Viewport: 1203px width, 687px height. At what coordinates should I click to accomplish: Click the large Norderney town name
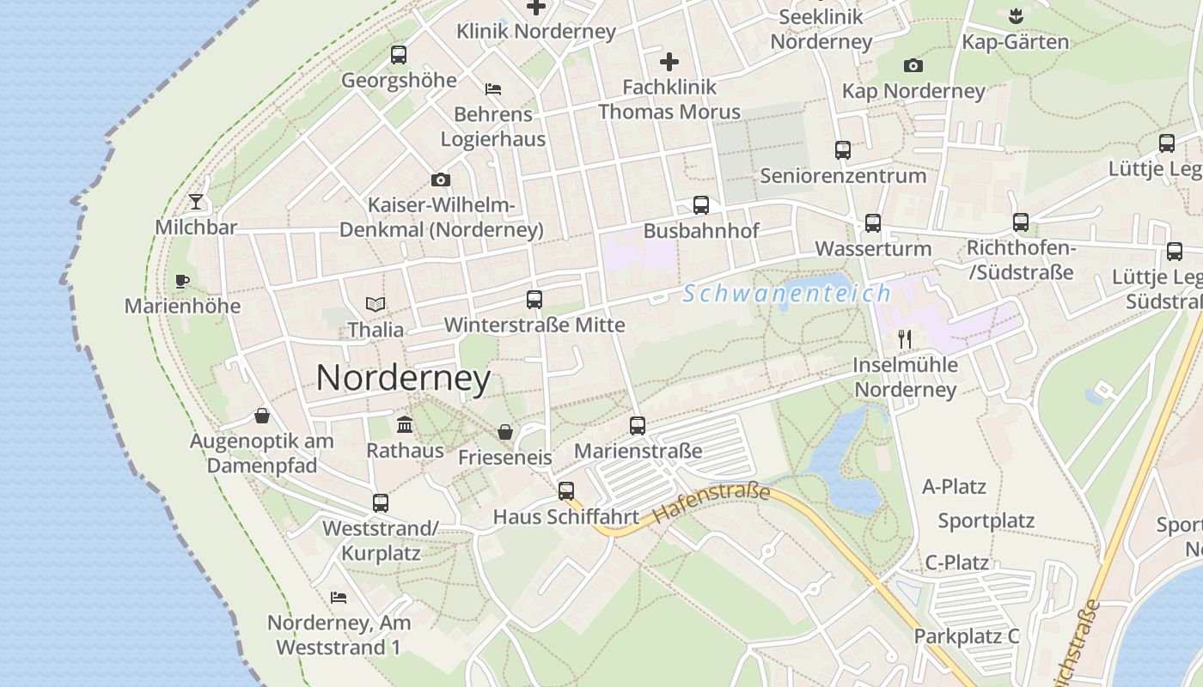click(x=403, y=378)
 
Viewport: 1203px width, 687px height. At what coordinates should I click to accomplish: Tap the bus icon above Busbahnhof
click(x=701, y=205)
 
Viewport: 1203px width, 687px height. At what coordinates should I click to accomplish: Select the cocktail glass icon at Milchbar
click(x=197, y=202)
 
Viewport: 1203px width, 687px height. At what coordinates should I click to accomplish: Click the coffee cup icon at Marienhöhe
click(x=182, y=281)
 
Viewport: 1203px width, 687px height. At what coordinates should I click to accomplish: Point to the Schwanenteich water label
click(x=787, y=294)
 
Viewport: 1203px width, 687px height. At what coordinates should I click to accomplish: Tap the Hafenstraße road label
click(x=711, y=503)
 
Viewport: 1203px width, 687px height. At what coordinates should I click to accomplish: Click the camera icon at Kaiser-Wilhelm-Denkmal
click(x=441, y=179)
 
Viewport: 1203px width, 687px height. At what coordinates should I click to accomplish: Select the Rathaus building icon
click(x=405, y=424)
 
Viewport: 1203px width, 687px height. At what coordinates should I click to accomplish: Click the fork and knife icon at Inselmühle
click(x=904, y=338)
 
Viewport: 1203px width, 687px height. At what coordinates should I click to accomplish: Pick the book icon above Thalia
click(x=376, y=304)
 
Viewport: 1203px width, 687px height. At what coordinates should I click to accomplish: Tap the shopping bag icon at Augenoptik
click(x=262, y=416)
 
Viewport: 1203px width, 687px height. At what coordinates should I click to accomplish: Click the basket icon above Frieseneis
click(x=505, y=432)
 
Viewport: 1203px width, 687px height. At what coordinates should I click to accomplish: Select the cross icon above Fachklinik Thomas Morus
click(x=669, y=62)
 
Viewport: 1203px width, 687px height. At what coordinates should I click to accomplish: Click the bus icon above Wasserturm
click(x=873, y=223)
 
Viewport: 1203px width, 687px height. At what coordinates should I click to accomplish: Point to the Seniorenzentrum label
click(x=843, y=176)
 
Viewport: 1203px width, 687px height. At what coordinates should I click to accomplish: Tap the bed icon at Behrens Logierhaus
click(x=493, y=88)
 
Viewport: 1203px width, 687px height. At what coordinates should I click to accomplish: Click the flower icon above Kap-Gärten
click(x=1016, y=15)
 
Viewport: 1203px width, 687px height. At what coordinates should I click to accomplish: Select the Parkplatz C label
click(x=967, y=636)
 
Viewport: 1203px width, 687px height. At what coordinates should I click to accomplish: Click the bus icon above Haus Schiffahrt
click(x=565, y=491)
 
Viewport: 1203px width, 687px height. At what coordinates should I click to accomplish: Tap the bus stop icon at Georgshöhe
click(x=399, y=55)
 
